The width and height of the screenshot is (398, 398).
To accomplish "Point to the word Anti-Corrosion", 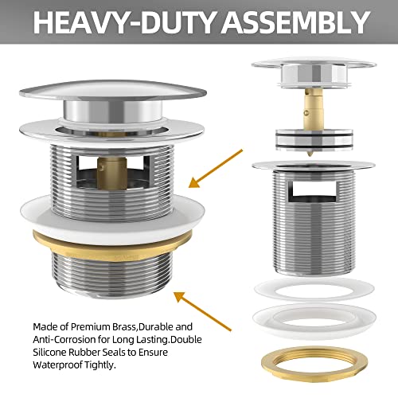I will (66, 339).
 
